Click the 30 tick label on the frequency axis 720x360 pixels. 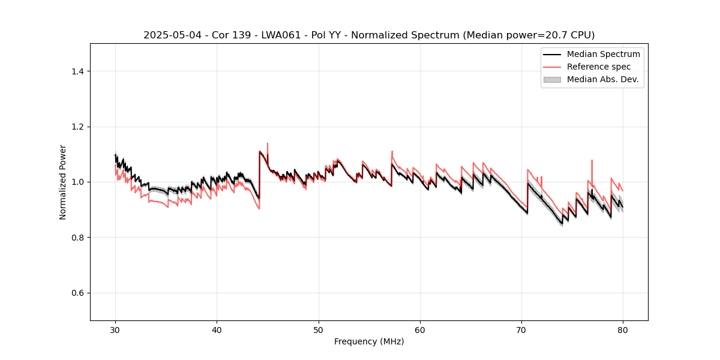[115, 330]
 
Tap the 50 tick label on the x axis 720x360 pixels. [319, 330]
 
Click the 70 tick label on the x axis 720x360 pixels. [521, 330]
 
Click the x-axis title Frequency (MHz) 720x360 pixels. [369, 342]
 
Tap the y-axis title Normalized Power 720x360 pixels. [63, 182]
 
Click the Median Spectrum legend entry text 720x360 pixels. [603, 54]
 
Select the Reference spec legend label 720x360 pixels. [599, 67]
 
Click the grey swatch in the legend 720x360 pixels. [552, 79]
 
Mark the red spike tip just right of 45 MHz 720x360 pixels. [267, 143]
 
